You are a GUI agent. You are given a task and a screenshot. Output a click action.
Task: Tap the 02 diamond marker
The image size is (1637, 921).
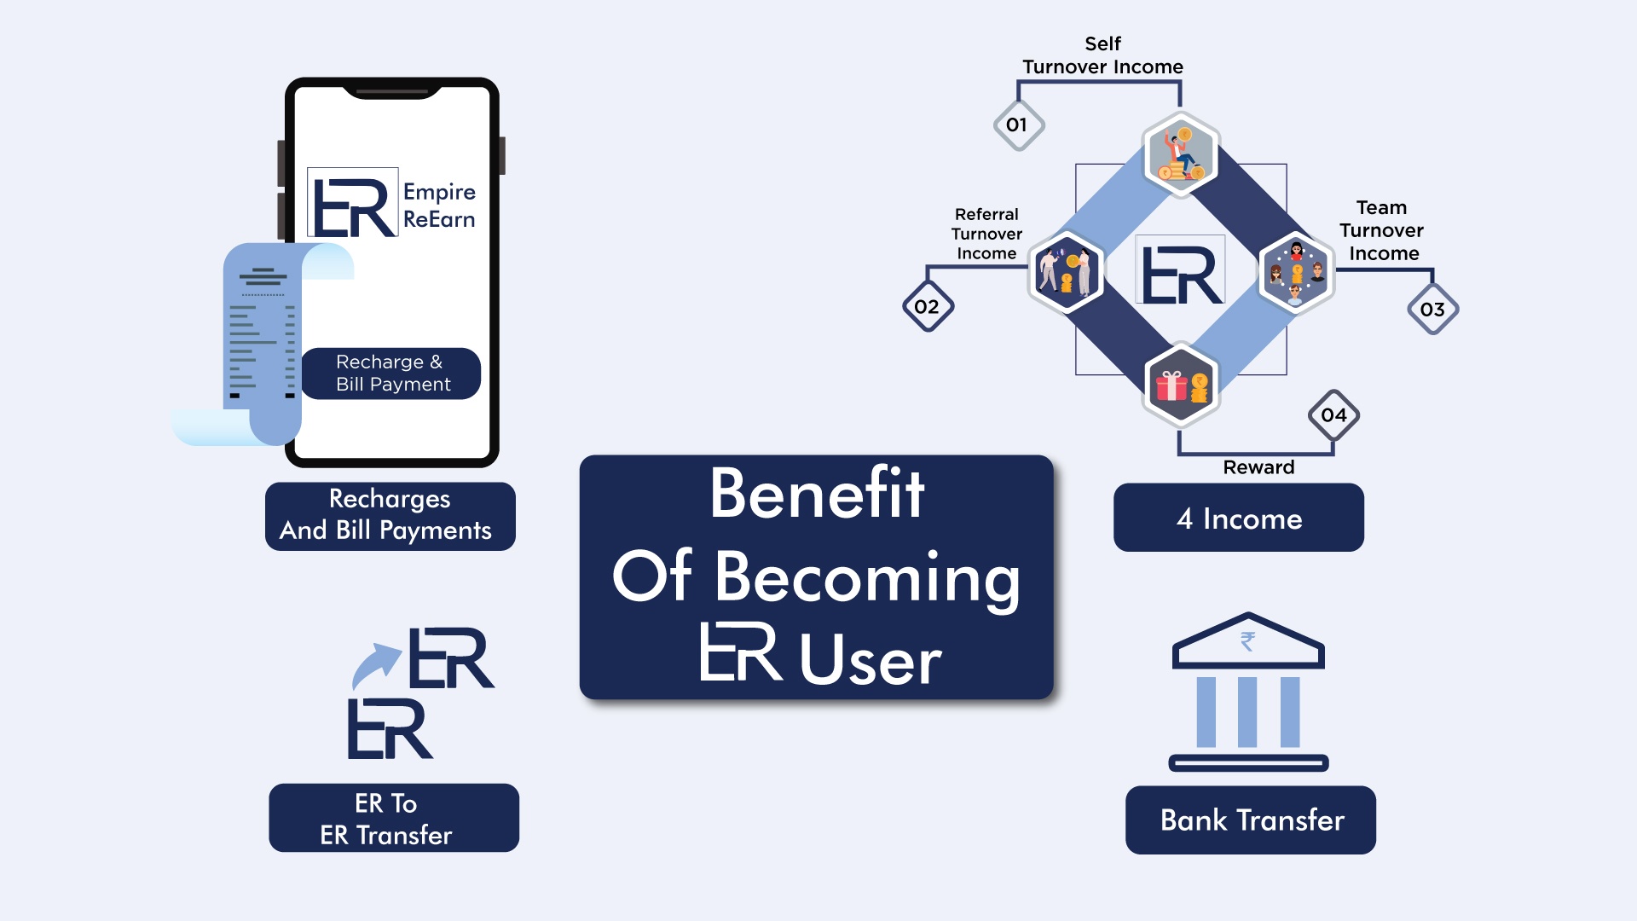tap(928, 307)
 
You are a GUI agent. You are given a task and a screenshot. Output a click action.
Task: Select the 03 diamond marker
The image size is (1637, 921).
tap(1432, 310)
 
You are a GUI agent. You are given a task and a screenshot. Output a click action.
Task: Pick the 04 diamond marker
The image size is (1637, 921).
tap(1333, 415)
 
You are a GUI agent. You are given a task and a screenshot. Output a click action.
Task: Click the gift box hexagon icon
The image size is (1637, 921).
tap(1181, 385)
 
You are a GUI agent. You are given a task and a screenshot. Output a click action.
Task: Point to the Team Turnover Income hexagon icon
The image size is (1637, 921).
tap(1296, 273)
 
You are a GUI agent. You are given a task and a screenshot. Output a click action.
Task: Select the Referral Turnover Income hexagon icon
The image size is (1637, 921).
tap(1066, 271)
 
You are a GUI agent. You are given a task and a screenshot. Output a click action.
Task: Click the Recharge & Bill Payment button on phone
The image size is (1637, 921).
tap(391, 374)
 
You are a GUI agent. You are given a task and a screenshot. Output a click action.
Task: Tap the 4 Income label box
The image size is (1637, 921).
tap(1239, 518)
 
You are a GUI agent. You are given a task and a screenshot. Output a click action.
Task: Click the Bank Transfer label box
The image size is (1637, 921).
tap(1251, 820)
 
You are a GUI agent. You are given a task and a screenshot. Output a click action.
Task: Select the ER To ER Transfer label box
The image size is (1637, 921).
tap(394, 819)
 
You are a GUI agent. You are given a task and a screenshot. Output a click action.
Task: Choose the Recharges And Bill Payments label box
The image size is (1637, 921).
tap(390, 516)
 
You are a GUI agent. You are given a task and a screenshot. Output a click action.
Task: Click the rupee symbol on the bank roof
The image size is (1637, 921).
tap(1248, 640)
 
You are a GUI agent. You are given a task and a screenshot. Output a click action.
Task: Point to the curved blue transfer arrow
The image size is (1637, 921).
tap(375, 665)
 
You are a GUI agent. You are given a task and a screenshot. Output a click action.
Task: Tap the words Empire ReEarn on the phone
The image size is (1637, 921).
tap(439, 206)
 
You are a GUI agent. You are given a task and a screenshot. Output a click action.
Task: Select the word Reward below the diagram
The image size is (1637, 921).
tap(1258, 467)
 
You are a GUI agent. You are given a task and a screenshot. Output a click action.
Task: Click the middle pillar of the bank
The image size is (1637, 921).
tap(1248, 712)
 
